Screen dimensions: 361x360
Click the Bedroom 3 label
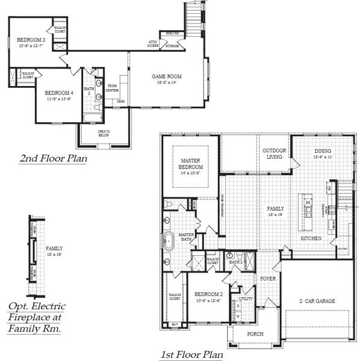click(x=31, y=39)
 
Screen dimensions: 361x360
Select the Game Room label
click(x=166, y=76)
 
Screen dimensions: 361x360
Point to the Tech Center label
click(x=112, y=88)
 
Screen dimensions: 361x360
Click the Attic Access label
click(x=154, y=43)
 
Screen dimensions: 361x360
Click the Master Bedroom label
click(x=191, y=163)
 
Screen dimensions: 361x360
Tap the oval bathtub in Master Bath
click(x=168, y=242)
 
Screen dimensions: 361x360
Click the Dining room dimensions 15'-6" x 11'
click(x=323, y=157)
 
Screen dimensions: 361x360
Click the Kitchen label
click(x=311, y=239)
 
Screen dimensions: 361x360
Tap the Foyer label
click(x=267, y=279)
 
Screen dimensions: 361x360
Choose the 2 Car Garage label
click(x=317, y=301)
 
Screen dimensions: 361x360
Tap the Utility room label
click(x=245, y=298)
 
